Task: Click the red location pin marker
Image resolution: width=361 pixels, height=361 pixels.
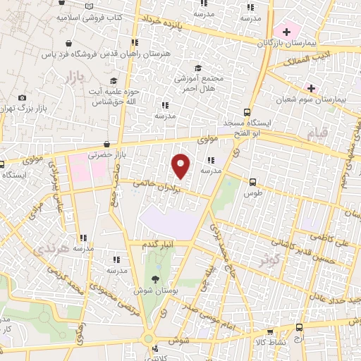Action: pyautogui.click(x=181, y=166)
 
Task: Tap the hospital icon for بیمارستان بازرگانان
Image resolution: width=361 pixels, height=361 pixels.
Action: pyautogui.click(x=286, y=31)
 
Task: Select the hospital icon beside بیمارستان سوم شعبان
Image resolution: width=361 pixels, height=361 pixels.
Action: pyautogui.click(x=310, y=87)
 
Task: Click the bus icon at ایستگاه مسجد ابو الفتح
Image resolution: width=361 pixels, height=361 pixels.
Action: pyautogui.click(x=247, y=111)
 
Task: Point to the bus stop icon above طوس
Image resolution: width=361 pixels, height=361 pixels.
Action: pyautogui.click(x=252, y=180)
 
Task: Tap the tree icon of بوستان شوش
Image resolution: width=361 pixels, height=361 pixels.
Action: pyautogui.click(x=155, y=279)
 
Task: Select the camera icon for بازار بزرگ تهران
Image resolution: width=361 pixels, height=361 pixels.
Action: pyautogui.click(x=23, y=97)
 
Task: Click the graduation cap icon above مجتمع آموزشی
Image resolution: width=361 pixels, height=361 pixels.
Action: pyautogui.click(x=198, y=68)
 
